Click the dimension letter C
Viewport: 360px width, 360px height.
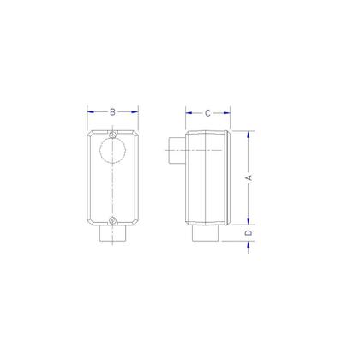(x=207, y=113)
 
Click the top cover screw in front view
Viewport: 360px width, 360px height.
(x=114, y=135)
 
